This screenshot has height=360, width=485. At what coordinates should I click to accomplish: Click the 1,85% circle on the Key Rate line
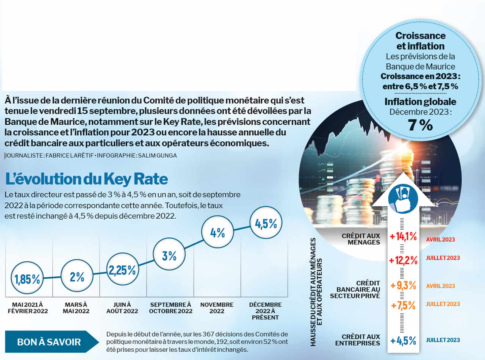[27, 279]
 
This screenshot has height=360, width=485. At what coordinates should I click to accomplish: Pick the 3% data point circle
[169, 256]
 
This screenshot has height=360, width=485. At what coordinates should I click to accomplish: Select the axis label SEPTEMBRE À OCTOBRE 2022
[171, 308]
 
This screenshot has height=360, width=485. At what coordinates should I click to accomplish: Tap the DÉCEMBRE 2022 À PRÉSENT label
[265, 311]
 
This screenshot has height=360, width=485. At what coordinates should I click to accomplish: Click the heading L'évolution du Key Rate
[86, 179]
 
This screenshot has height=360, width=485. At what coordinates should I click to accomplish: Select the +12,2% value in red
[403, 260]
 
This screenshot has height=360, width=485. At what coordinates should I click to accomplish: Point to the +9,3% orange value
[403, 285]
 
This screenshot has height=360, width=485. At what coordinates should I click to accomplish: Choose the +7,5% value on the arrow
[403, 305]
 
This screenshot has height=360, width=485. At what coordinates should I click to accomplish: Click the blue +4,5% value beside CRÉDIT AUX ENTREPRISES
[403, 340]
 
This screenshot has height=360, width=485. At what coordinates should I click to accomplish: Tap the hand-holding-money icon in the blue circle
[403, 198]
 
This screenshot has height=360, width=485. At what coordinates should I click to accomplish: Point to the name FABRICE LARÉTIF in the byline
[69, 156]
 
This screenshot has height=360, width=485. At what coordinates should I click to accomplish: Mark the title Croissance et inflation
[420, 41]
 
